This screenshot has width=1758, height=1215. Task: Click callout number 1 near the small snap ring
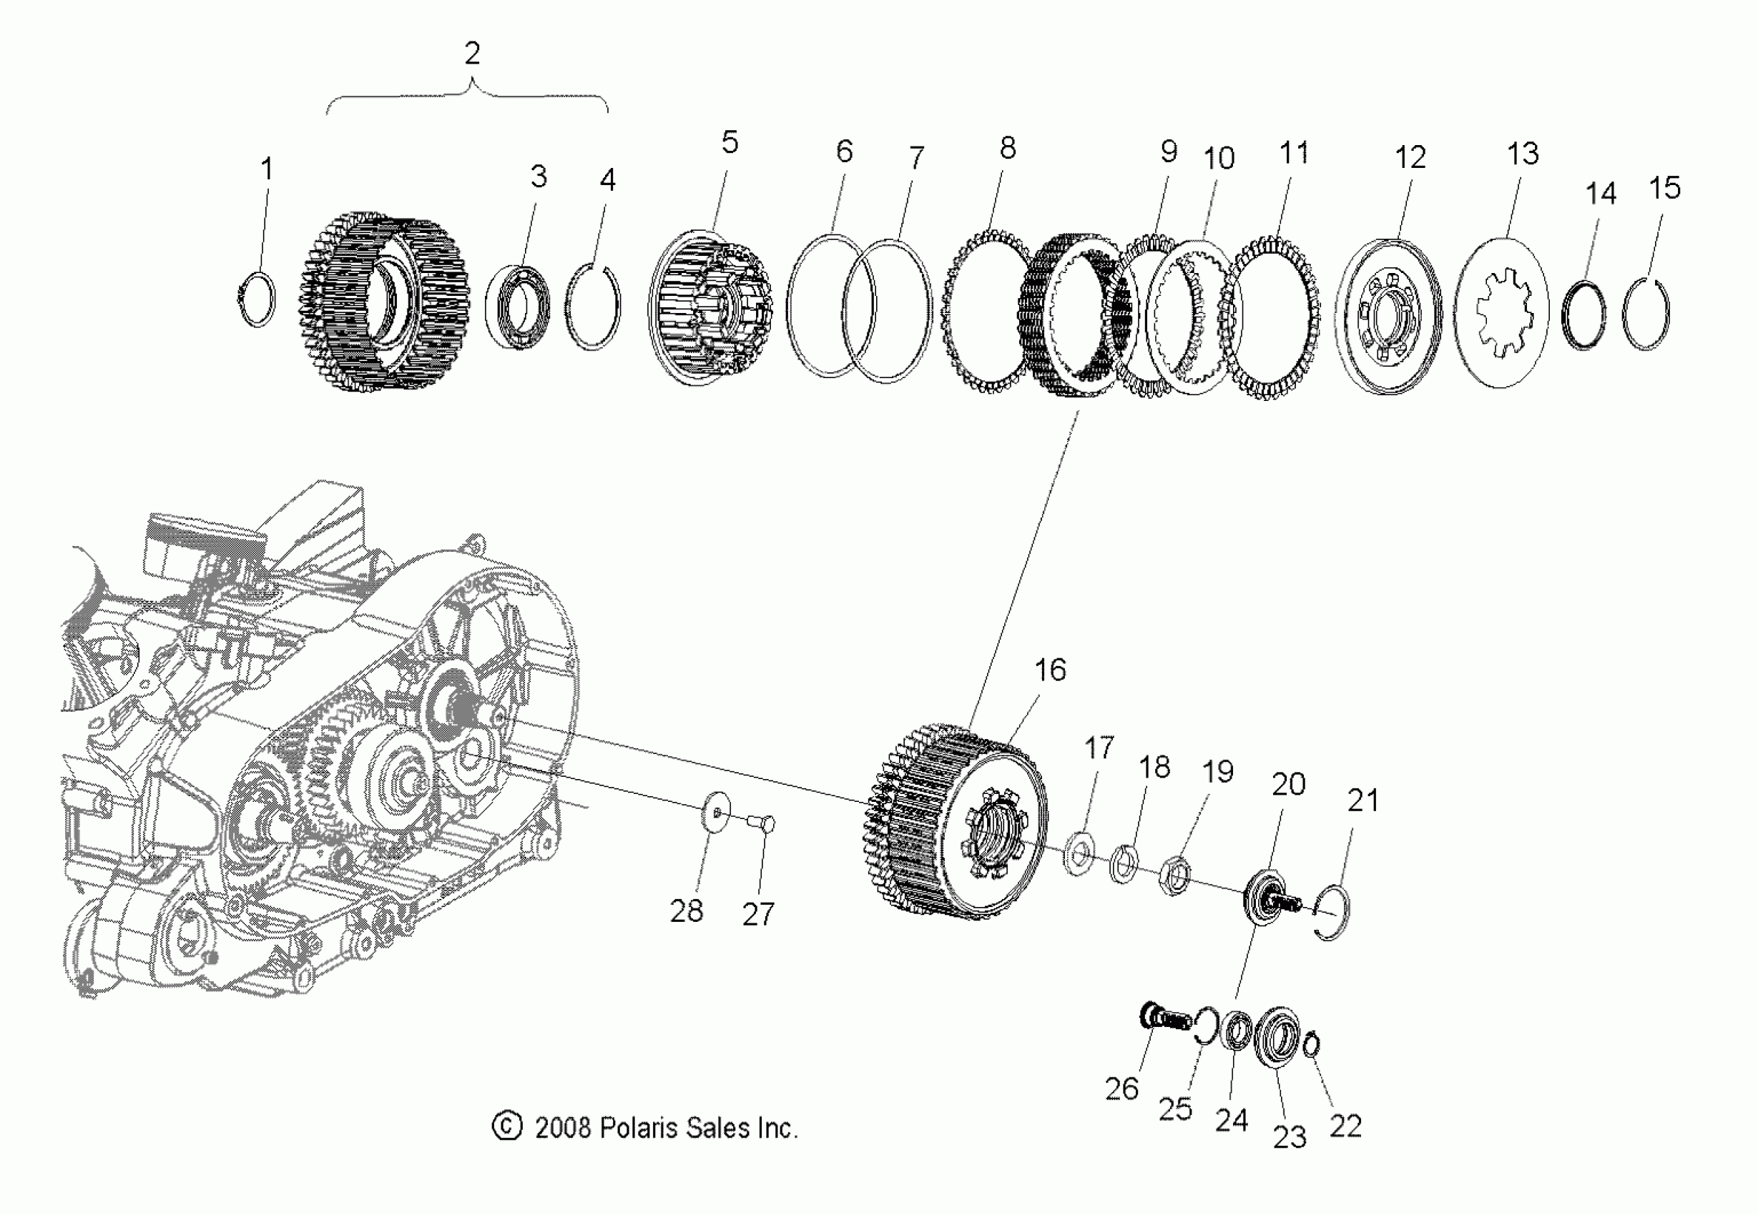[x=267, y=169]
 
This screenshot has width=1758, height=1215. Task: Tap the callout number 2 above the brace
[x=472, y=54]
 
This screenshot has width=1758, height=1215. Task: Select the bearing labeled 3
[x=519, y=306]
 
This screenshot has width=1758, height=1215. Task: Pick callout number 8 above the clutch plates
[x=1007, y=148]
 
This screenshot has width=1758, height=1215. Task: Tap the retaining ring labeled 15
[x=1646, y=314]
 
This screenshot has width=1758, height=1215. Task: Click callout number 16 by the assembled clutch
[x=1050, y=670]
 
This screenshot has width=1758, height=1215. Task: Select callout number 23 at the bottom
[x=1290, y=1136]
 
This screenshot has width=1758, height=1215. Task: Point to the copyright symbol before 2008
[x=506, y=1126]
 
